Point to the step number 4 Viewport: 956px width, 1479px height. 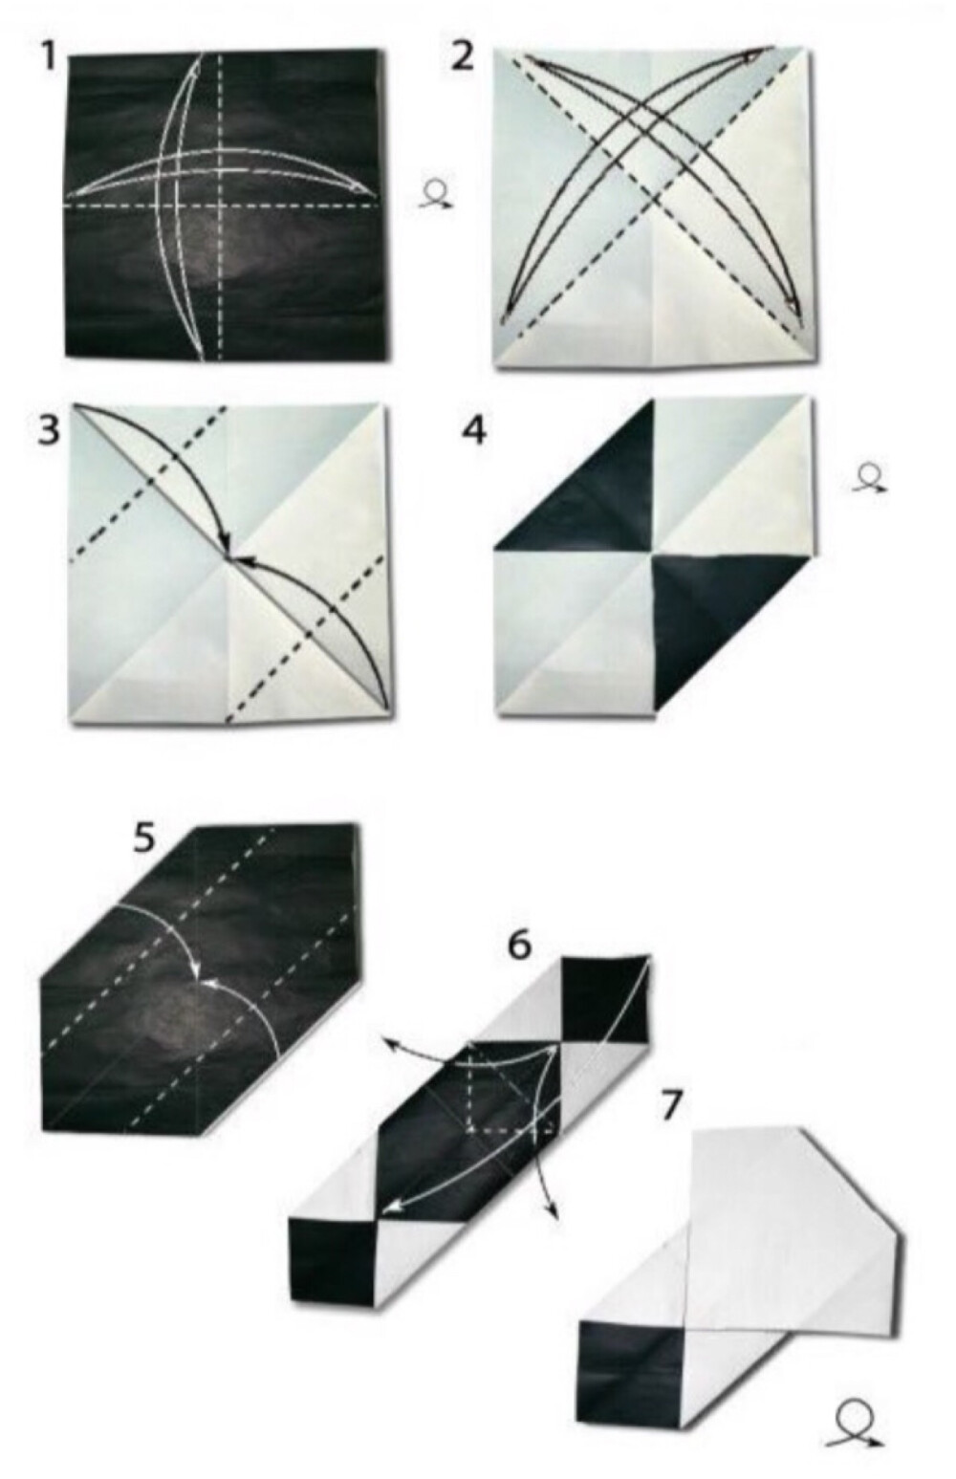pos(475,431)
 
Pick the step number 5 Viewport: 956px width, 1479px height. pos(144,840)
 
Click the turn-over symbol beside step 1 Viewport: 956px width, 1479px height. pos(436,195)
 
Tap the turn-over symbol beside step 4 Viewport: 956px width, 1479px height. pos(869,479)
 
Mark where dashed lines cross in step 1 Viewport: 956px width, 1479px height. pos(221,206)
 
